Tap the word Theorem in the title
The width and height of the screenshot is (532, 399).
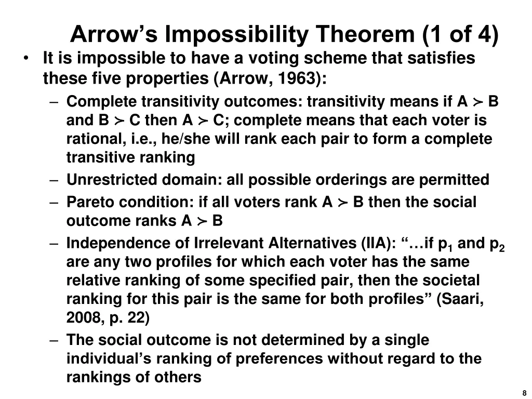pos(364,34)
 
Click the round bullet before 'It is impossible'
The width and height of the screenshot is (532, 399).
pos(25,58)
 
